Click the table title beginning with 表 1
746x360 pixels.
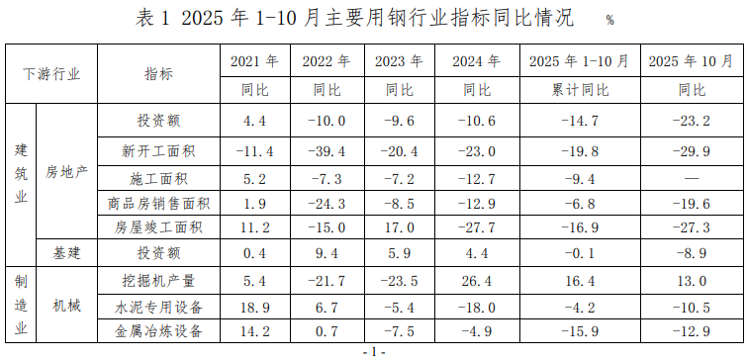(352, 18)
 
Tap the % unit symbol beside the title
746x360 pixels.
(609, 21)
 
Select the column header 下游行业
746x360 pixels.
(51, 73)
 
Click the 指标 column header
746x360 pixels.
(158, 73)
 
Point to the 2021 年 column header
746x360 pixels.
(254, 61)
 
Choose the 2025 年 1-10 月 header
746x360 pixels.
(579, 61)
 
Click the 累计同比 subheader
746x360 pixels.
(579, 90)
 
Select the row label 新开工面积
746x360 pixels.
(158, 151)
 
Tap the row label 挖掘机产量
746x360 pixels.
(158, 281)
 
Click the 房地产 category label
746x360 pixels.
(67, 172)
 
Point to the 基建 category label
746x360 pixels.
(67, 253)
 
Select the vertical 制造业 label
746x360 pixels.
(21, 305)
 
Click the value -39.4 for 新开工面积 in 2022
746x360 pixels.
(327, 151)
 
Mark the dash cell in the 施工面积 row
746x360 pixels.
(691, 179)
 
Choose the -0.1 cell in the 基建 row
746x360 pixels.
(579, 253)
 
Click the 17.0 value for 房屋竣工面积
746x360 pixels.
(398, 227)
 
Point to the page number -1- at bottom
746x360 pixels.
(373, 352)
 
